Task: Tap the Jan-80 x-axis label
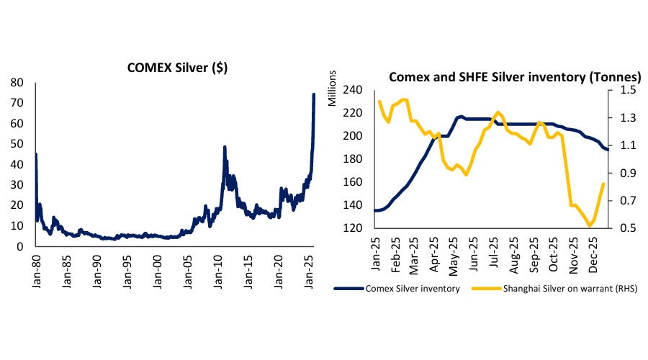pos(36,268)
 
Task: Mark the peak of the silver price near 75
pos(314,94)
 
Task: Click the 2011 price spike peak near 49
pos(225,147)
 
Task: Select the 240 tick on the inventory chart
pos(359,90)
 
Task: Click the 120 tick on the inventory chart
pos(359,228)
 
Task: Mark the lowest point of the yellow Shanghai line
pos(590,225)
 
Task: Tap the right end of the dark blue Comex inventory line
pos(607,148)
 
